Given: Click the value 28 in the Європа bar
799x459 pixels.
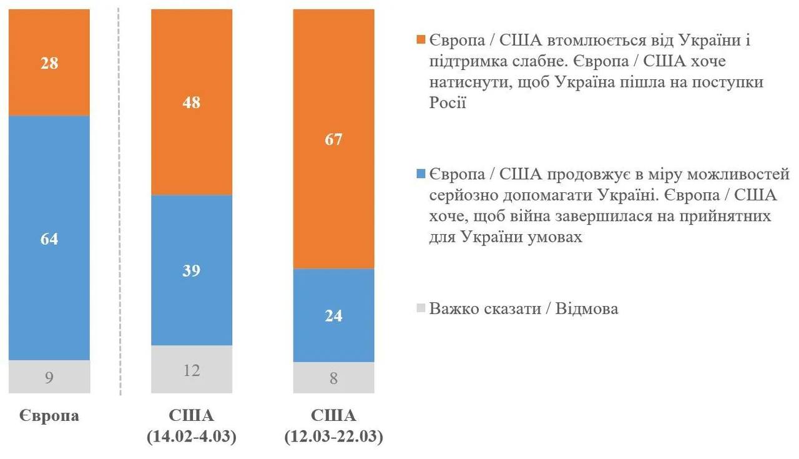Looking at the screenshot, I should tap(49, 63).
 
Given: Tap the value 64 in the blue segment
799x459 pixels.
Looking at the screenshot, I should tap(49, 239).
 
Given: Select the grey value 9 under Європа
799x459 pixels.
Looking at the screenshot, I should tap(49, 377).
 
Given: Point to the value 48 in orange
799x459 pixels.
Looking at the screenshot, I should tap(192, 102).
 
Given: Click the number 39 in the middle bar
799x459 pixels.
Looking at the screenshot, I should tap(192, 270).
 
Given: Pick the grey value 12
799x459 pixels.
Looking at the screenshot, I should tap(192, 370).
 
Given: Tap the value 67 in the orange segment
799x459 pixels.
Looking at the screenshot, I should tap(334, 139).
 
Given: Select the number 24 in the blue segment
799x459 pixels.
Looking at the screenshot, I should tap(334, 315).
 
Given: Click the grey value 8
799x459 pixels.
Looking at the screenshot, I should tap(334, 378).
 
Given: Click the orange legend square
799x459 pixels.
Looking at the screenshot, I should tap(421, 41).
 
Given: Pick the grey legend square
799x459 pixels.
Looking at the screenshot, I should tap(421, 308).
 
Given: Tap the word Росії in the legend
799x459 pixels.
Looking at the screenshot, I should tap(447, 102).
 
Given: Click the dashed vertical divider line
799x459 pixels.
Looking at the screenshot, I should tap(120, 200).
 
